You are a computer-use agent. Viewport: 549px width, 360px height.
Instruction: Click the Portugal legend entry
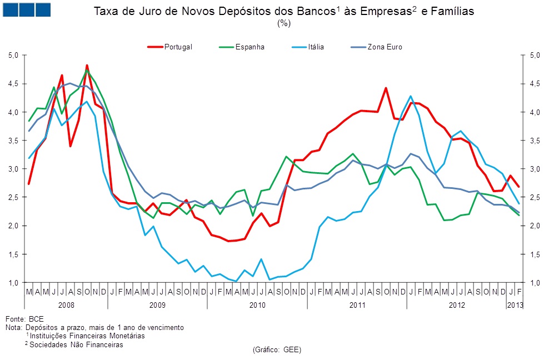tap(178, 47)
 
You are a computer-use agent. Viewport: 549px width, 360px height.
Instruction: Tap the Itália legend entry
tap(316, 47)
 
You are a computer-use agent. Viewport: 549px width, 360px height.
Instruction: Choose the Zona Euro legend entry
tap(385, 47)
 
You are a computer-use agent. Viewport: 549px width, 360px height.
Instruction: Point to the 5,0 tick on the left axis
tap(14, 55)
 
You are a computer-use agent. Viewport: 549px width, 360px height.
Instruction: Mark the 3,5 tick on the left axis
tap(14, 141)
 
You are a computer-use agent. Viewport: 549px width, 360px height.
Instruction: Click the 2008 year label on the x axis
tap(66, 305)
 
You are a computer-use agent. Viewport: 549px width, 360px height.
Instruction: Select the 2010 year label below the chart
tap(257, 305)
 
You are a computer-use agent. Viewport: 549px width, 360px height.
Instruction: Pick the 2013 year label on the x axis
tap(514, 305)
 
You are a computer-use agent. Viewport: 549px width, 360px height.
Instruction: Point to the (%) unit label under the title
tap(283, 24)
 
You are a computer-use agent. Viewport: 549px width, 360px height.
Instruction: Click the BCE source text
tap(36, 319)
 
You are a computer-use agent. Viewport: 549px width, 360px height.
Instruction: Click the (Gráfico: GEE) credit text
tap(276, 349)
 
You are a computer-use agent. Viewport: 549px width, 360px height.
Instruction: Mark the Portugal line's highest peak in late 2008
tap(87, 66)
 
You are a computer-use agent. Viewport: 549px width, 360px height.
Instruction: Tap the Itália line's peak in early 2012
tap(411, 96)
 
